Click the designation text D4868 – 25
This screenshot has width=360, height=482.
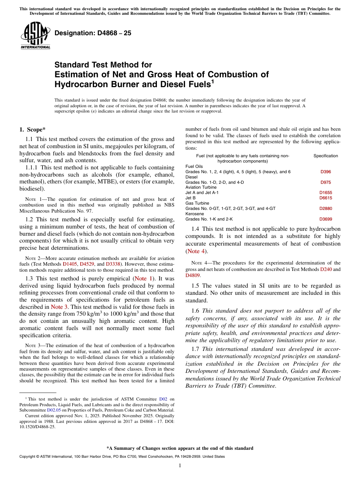(93, 33)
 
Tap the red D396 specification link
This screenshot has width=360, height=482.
(326, 172)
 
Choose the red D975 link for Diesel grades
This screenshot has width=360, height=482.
(326, 182)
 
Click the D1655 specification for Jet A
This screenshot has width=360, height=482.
(326, 192)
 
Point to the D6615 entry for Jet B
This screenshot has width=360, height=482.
(326, 198)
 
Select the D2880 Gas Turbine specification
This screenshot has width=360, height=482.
(326, 208)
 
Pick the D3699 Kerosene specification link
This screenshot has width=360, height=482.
(326, 219)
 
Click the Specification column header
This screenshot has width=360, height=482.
(326, 156)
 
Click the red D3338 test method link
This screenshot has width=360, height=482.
(113, 264)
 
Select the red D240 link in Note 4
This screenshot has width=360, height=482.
(325, 269)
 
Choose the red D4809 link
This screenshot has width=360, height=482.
(193, 275)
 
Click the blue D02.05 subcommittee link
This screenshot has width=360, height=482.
(54, 410)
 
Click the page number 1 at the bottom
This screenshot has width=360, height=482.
(180, 466)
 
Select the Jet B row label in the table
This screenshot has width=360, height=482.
(191, 198)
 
